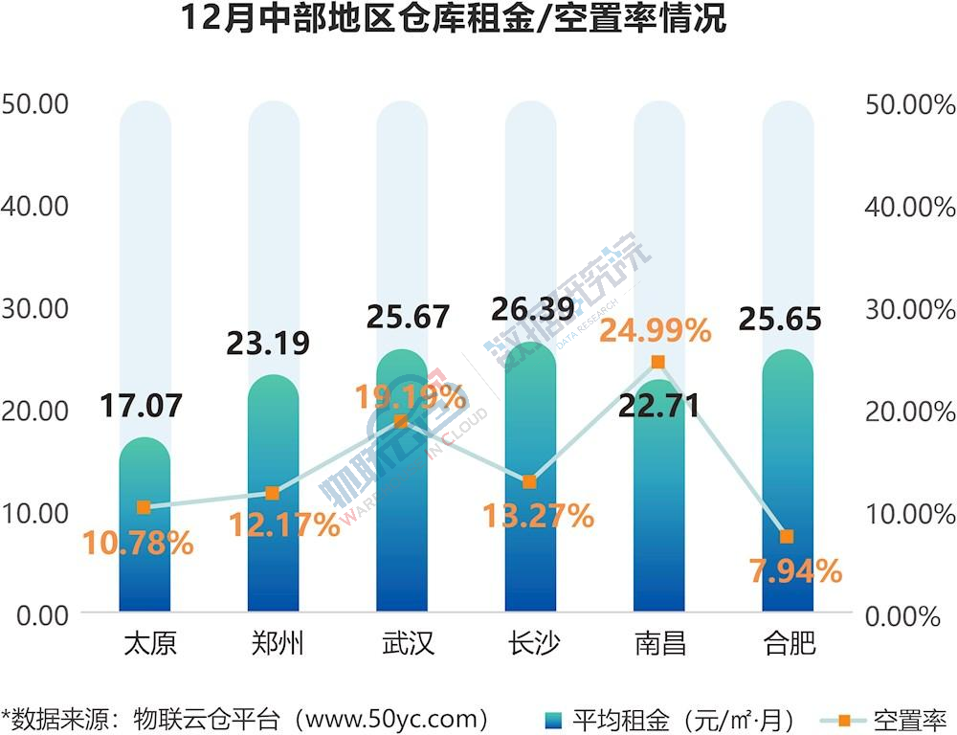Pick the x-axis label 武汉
[402, 642]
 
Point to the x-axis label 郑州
[273, 642]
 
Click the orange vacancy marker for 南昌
[657, 362]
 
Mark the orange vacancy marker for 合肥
[787, 536]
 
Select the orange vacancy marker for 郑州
[273, 493]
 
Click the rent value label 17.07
[142, 406]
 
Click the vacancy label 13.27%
[539, 517]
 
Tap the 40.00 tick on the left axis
[35, 206]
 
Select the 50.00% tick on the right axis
[909, 104]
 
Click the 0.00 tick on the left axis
[42, 614]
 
